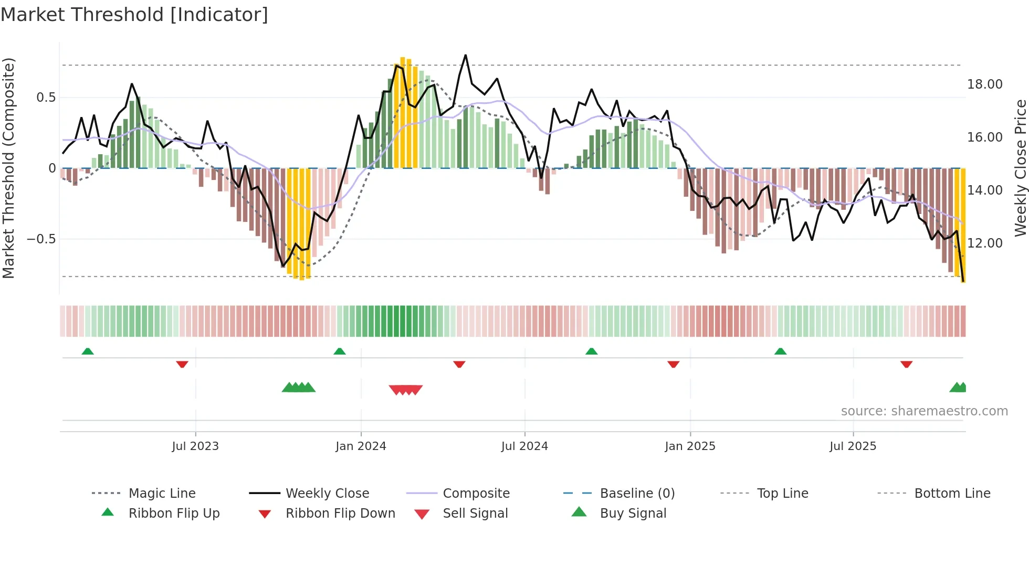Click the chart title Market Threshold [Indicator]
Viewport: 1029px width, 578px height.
pyautogui.click(x=134, y=15)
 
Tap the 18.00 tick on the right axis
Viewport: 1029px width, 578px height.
pyautogui.click(x=984, y=84)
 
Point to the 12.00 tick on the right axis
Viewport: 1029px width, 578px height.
pyautogui.click(x=984, y=243)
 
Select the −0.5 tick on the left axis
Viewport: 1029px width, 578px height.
pyautogui.click(x=41, y=239)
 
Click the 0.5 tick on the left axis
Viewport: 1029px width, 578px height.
pyautogui.click(x=46, y=98)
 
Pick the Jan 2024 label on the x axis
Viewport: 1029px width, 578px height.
pyautogui.click(x=361, y=446)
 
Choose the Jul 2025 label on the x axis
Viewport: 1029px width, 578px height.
pyautogui.click(x=853, y=446)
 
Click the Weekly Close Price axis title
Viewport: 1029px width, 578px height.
pyautogui.click(x=1020, y=168)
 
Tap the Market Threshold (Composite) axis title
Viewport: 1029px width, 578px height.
pyautogui.click(x=8, y=168)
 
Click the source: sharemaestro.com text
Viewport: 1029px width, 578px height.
pyautogui.click(x=924, y=411)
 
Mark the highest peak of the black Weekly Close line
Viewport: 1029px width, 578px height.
pyautogui.click(x=465, y=55)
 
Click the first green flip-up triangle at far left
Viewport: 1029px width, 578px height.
pyautogui.click(x=88, y=351)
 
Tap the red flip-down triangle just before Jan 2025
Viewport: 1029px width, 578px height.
pyautogui.click(x=673, y=364)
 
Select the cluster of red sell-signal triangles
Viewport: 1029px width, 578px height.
pyautogui.click(x=406, y=390)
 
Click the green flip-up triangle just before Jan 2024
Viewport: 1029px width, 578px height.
pyautogui.click(x=340, y=351)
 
